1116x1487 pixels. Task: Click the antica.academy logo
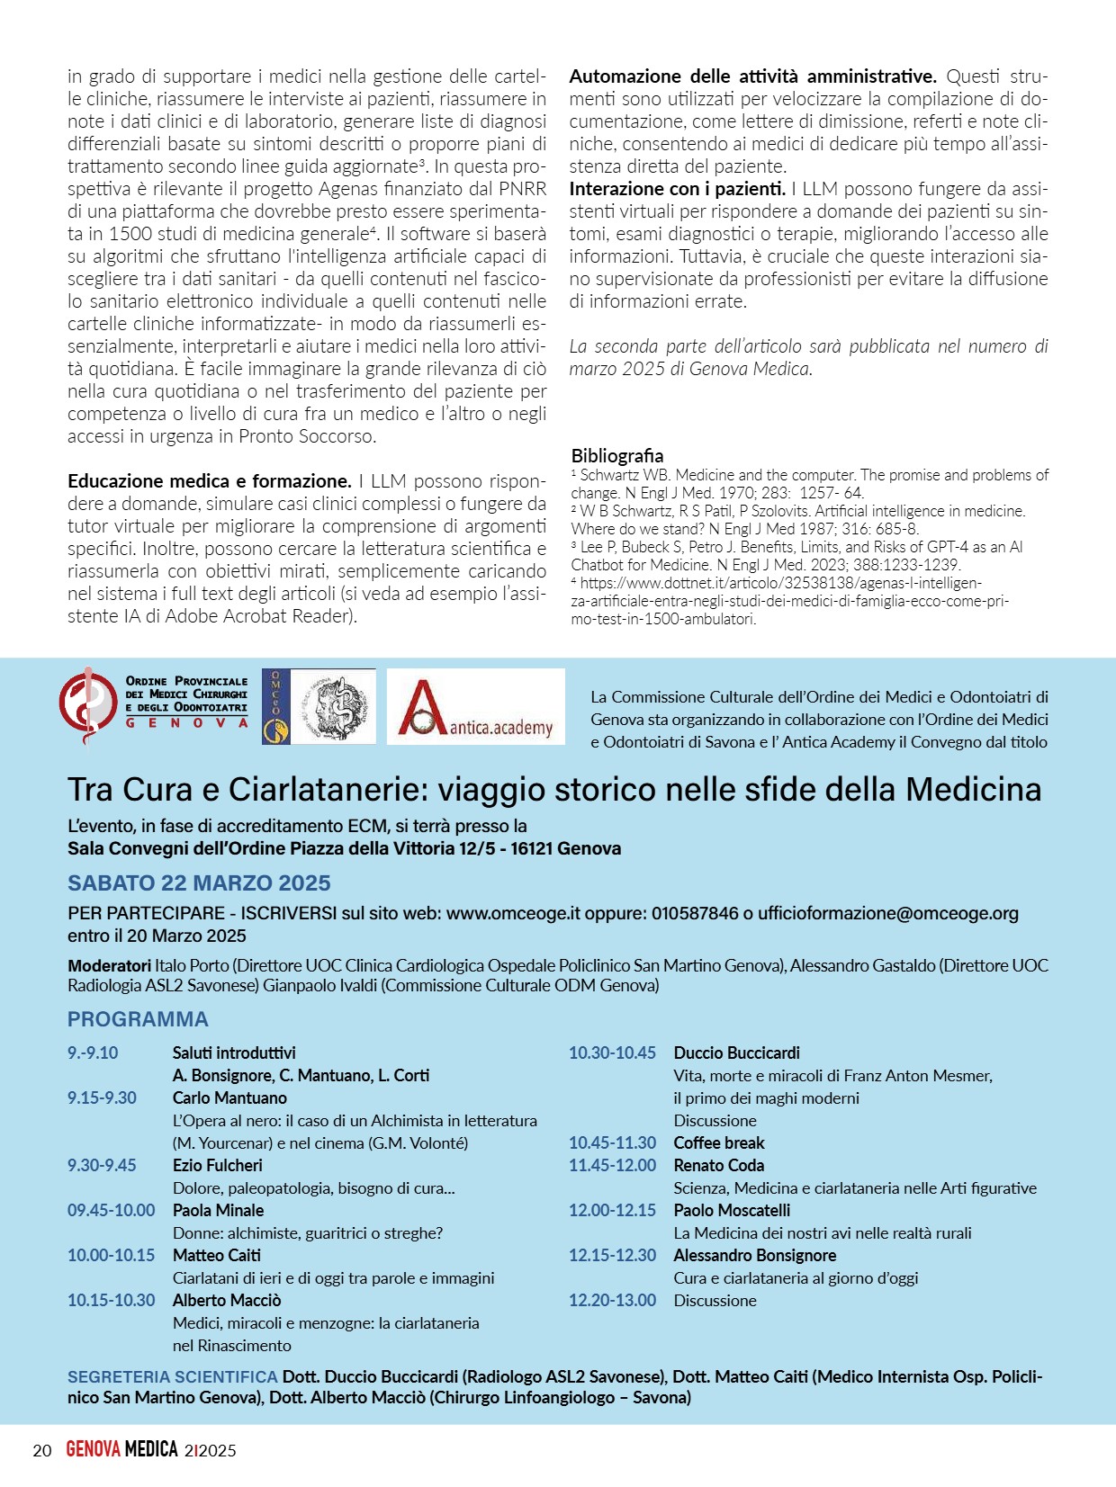[475, 706]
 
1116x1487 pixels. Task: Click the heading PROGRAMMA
[138, 1019]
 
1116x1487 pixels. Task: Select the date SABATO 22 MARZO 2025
[199, 882]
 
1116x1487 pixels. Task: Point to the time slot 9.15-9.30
[102, 1097]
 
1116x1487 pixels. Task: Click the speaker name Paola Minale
[218, 1210]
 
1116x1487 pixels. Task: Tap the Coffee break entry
[718, 1142]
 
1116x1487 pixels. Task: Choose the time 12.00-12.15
[612, 1210]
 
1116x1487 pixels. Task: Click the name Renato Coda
[718, 1165]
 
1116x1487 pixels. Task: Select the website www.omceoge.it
[513, 913]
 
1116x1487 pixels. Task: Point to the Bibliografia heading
[617, 455]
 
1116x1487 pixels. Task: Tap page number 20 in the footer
[42, 1450]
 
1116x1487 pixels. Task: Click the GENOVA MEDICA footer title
[121, 1449]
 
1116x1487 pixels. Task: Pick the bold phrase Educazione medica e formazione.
[209, 480]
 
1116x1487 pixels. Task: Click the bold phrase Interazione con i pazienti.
[677, 189]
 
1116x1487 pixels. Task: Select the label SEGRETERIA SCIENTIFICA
[172, 1376]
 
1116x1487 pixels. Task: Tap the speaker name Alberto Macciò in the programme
[227, 1300]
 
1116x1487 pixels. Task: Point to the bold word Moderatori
[109, 965]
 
